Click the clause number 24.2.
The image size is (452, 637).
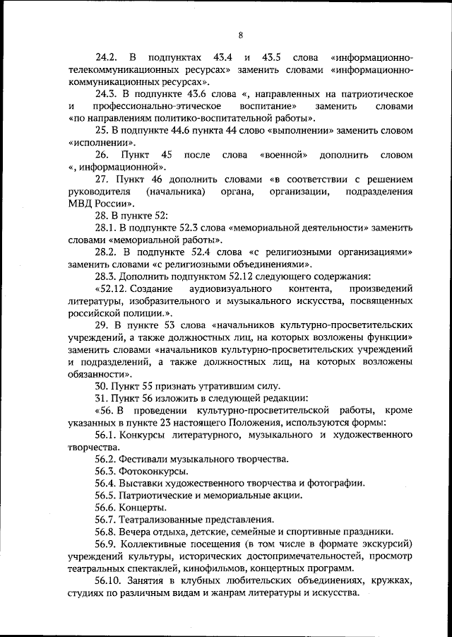pos(107,56)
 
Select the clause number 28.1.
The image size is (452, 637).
pos(107,229)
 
